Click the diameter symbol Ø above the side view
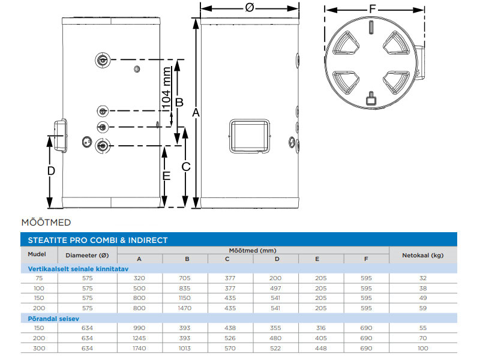(250, 7)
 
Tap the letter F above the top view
(372, 8)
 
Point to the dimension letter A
(196, 113)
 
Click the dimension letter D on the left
(51, 171)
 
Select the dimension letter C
(186, 167)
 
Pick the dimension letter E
(166, 176)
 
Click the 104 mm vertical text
(166, 89)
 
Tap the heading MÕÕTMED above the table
(46, 223)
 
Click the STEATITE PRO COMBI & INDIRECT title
(98, 241)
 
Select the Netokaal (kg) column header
(423, 256)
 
